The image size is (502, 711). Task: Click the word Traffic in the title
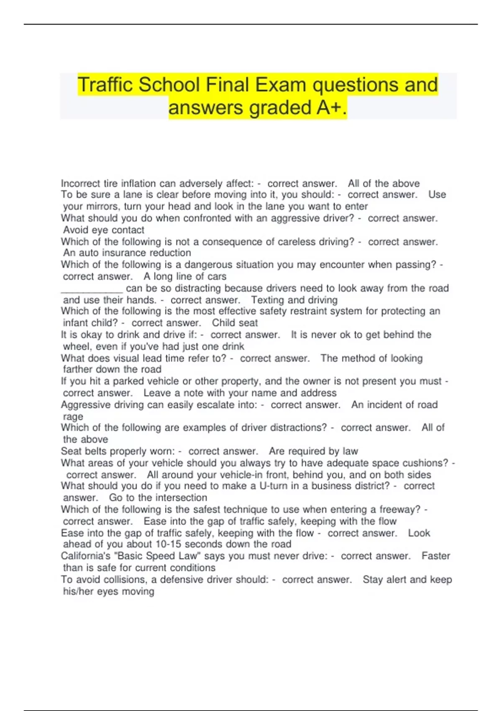click(105, 85)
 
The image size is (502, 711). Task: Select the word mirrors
click(104, 207)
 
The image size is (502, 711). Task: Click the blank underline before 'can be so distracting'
click(92, 289)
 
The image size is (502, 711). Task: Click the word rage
click(73, 417)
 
